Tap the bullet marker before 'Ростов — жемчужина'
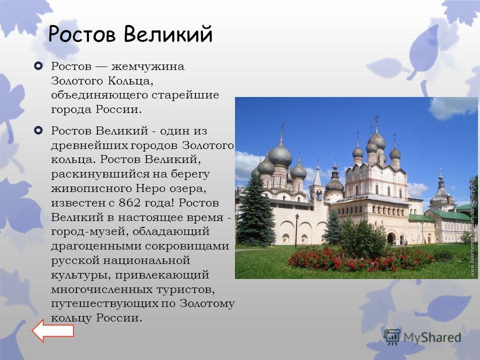pos(38,66)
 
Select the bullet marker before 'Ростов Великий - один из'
pos(38,130)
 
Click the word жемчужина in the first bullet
pos(147,66)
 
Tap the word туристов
pos(185,289)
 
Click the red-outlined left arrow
pos(53,330)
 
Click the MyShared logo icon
pos(392,337)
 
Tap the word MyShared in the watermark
pos(432,337)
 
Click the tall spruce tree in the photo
pos(255,211)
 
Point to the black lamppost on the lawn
pos(296,230)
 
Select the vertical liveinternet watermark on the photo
pos(472,227)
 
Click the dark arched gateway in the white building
pos(391,238)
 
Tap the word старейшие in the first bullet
pos(185,95)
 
